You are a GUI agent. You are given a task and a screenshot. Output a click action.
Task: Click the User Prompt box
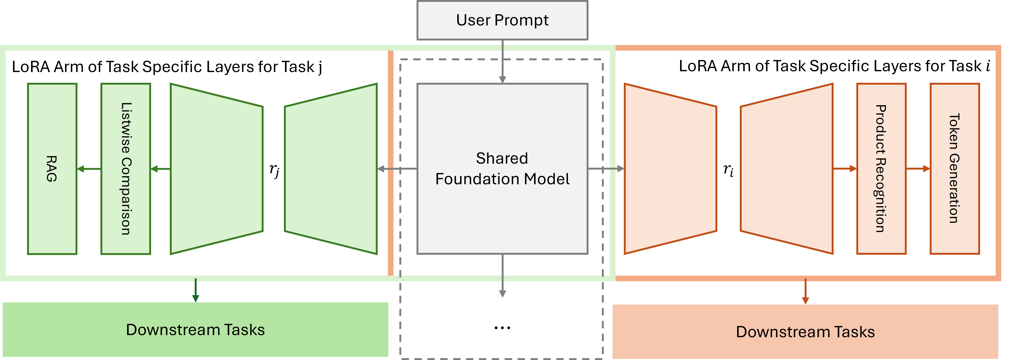502,20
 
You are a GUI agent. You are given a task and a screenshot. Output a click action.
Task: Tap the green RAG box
52,169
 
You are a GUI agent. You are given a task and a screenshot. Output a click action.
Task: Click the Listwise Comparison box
126,169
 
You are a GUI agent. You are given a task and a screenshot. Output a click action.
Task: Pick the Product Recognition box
881,169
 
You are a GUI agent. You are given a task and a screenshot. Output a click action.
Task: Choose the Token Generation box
954,169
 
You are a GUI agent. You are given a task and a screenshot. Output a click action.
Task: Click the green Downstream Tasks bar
195,329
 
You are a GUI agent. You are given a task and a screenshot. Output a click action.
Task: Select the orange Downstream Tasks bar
805,332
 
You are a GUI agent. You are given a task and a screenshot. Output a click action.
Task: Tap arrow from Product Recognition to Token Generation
918,169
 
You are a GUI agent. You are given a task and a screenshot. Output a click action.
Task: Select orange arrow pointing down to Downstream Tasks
805,292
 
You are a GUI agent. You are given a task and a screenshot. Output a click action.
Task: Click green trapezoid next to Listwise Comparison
217,169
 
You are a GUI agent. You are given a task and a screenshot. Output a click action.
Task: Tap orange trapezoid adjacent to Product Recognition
787,169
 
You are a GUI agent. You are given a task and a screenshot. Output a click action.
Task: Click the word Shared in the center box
502,158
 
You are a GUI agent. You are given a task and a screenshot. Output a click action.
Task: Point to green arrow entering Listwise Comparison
160,169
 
